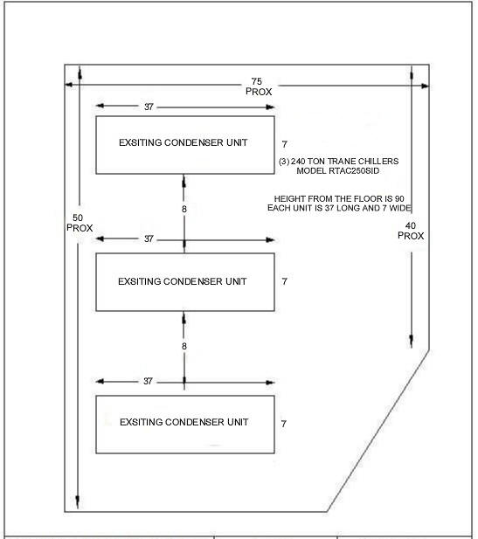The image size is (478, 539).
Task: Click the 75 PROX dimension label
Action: [x=259, y=86]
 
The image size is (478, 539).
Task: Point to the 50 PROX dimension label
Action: [x=80, y=223]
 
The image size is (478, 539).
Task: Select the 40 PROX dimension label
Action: [x=411, y=231]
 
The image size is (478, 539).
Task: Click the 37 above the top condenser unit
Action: [x=149, y=107]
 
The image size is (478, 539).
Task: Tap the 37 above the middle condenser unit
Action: [x=149, y=238]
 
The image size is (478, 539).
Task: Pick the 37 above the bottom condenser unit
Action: [x=148, y=381]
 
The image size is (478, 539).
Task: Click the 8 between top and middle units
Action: [x=184, y=209]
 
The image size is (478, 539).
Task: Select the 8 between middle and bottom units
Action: [x=184, y=346]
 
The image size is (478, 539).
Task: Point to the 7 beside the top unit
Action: [x=284, y=144]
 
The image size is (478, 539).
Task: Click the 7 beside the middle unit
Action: [x=284, y=281]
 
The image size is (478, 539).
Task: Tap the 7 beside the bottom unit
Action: [x=284, y=424]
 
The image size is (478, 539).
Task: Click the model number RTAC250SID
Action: [x=354, y=171]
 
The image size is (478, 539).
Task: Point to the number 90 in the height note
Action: [x=399, y=198]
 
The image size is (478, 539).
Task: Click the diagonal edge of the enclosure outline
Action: [x=378, y=431]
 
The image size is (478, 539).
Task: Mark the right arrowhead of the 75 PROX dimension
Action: [x=425, y=86]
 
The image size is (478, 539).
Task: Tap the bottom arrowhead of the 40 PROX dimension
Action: [x=412, y=342]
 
